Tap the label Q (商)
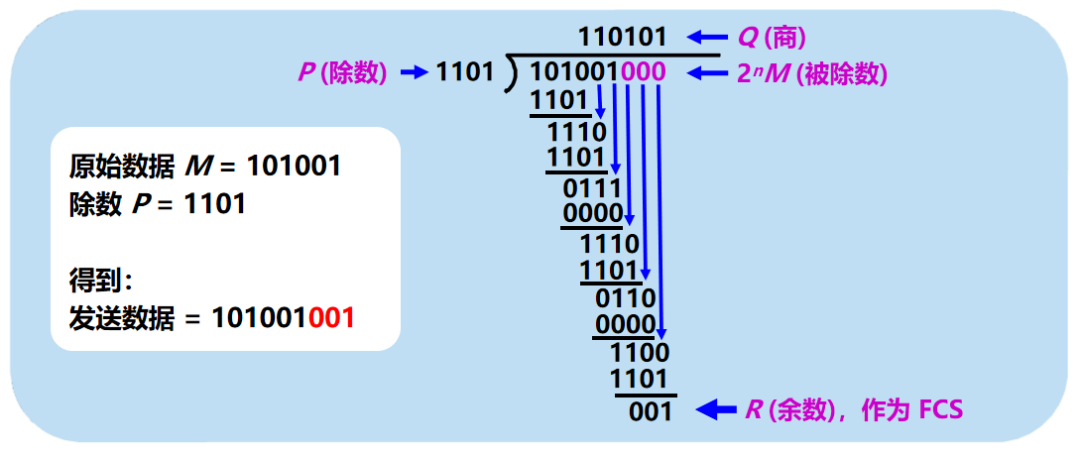click(771, 38)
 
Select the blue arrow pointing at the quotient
click(707, 38)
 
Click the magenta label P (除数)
click(342, 72)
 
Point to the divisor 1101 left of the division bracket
click(464, 72)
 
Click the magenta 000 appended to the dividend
click(643, 72)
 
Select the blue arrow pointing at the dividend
click(707, 72)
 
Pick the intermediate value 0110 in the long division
click(626, 298)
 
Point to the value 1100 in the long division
click(640, 352)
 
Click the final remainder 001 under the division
click(651, 410)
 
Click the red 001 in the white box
click(331, 318)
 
